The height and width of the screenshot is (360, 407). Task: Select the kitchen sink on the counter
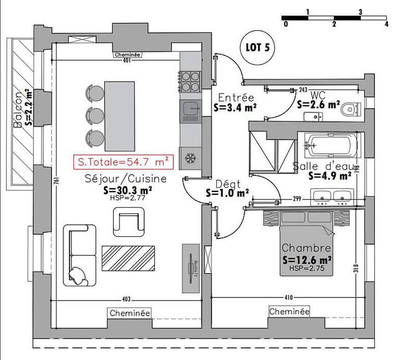(x=191, y=108)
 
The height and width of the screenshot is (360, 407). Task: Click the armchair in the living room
(x=127, y=221)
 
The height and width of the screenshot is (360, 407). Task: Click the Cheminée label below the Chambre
(x=288, y=311)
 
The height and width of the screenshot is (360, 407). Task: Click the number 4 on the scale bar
(x=387, y=23)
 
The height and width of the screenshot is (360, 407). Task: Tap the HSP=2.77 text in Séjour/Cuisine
(x=124, y=198)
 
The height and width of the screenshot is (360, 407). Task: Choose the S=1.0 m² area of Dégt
(x=227, y=193)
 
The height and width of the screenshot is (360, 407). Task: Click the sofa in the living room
(x=80, y=254)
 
